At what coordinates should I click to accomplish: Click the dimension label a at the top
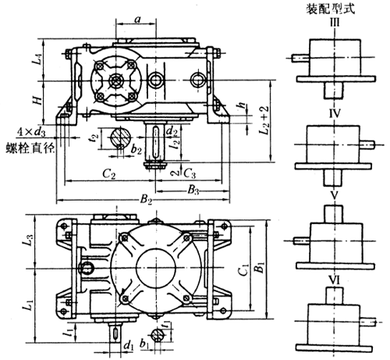click(x=138, y=19)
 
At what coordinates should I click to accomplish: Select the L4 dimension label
click(x=37, y=59)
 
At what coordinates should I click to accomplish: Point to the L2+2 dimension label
click(x=264, y=120)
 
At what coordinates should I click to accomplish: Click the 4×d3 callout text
click(x=31, y=133)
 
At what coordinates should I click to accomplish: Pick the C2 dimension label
click(x=109, y=173)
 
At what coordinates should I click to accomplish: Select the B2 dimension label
click(x=146, y=200)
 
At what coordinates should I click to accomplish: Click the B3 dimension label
click(x=193, y=190)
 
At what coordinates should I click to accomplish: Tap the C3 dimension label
click(x=190, y=173)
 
